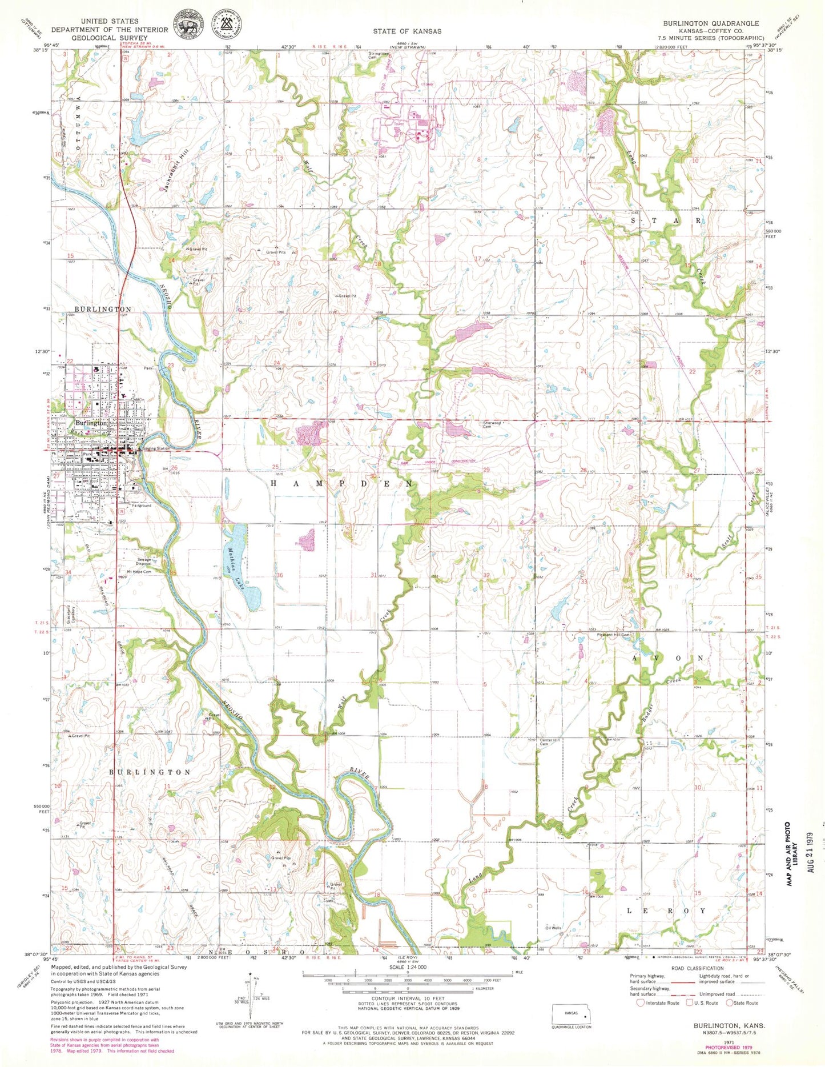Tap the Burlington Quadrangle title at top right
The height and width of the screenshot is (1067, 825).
711,23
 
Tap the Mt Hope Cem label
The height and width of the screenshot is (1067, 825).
139,571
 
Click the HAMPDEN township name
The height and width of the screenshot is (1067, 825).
340,483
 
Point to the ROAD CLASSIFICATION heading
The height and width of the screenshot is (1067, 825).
697,968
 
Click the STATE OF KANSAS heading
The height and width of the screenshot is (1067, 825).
407,31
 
